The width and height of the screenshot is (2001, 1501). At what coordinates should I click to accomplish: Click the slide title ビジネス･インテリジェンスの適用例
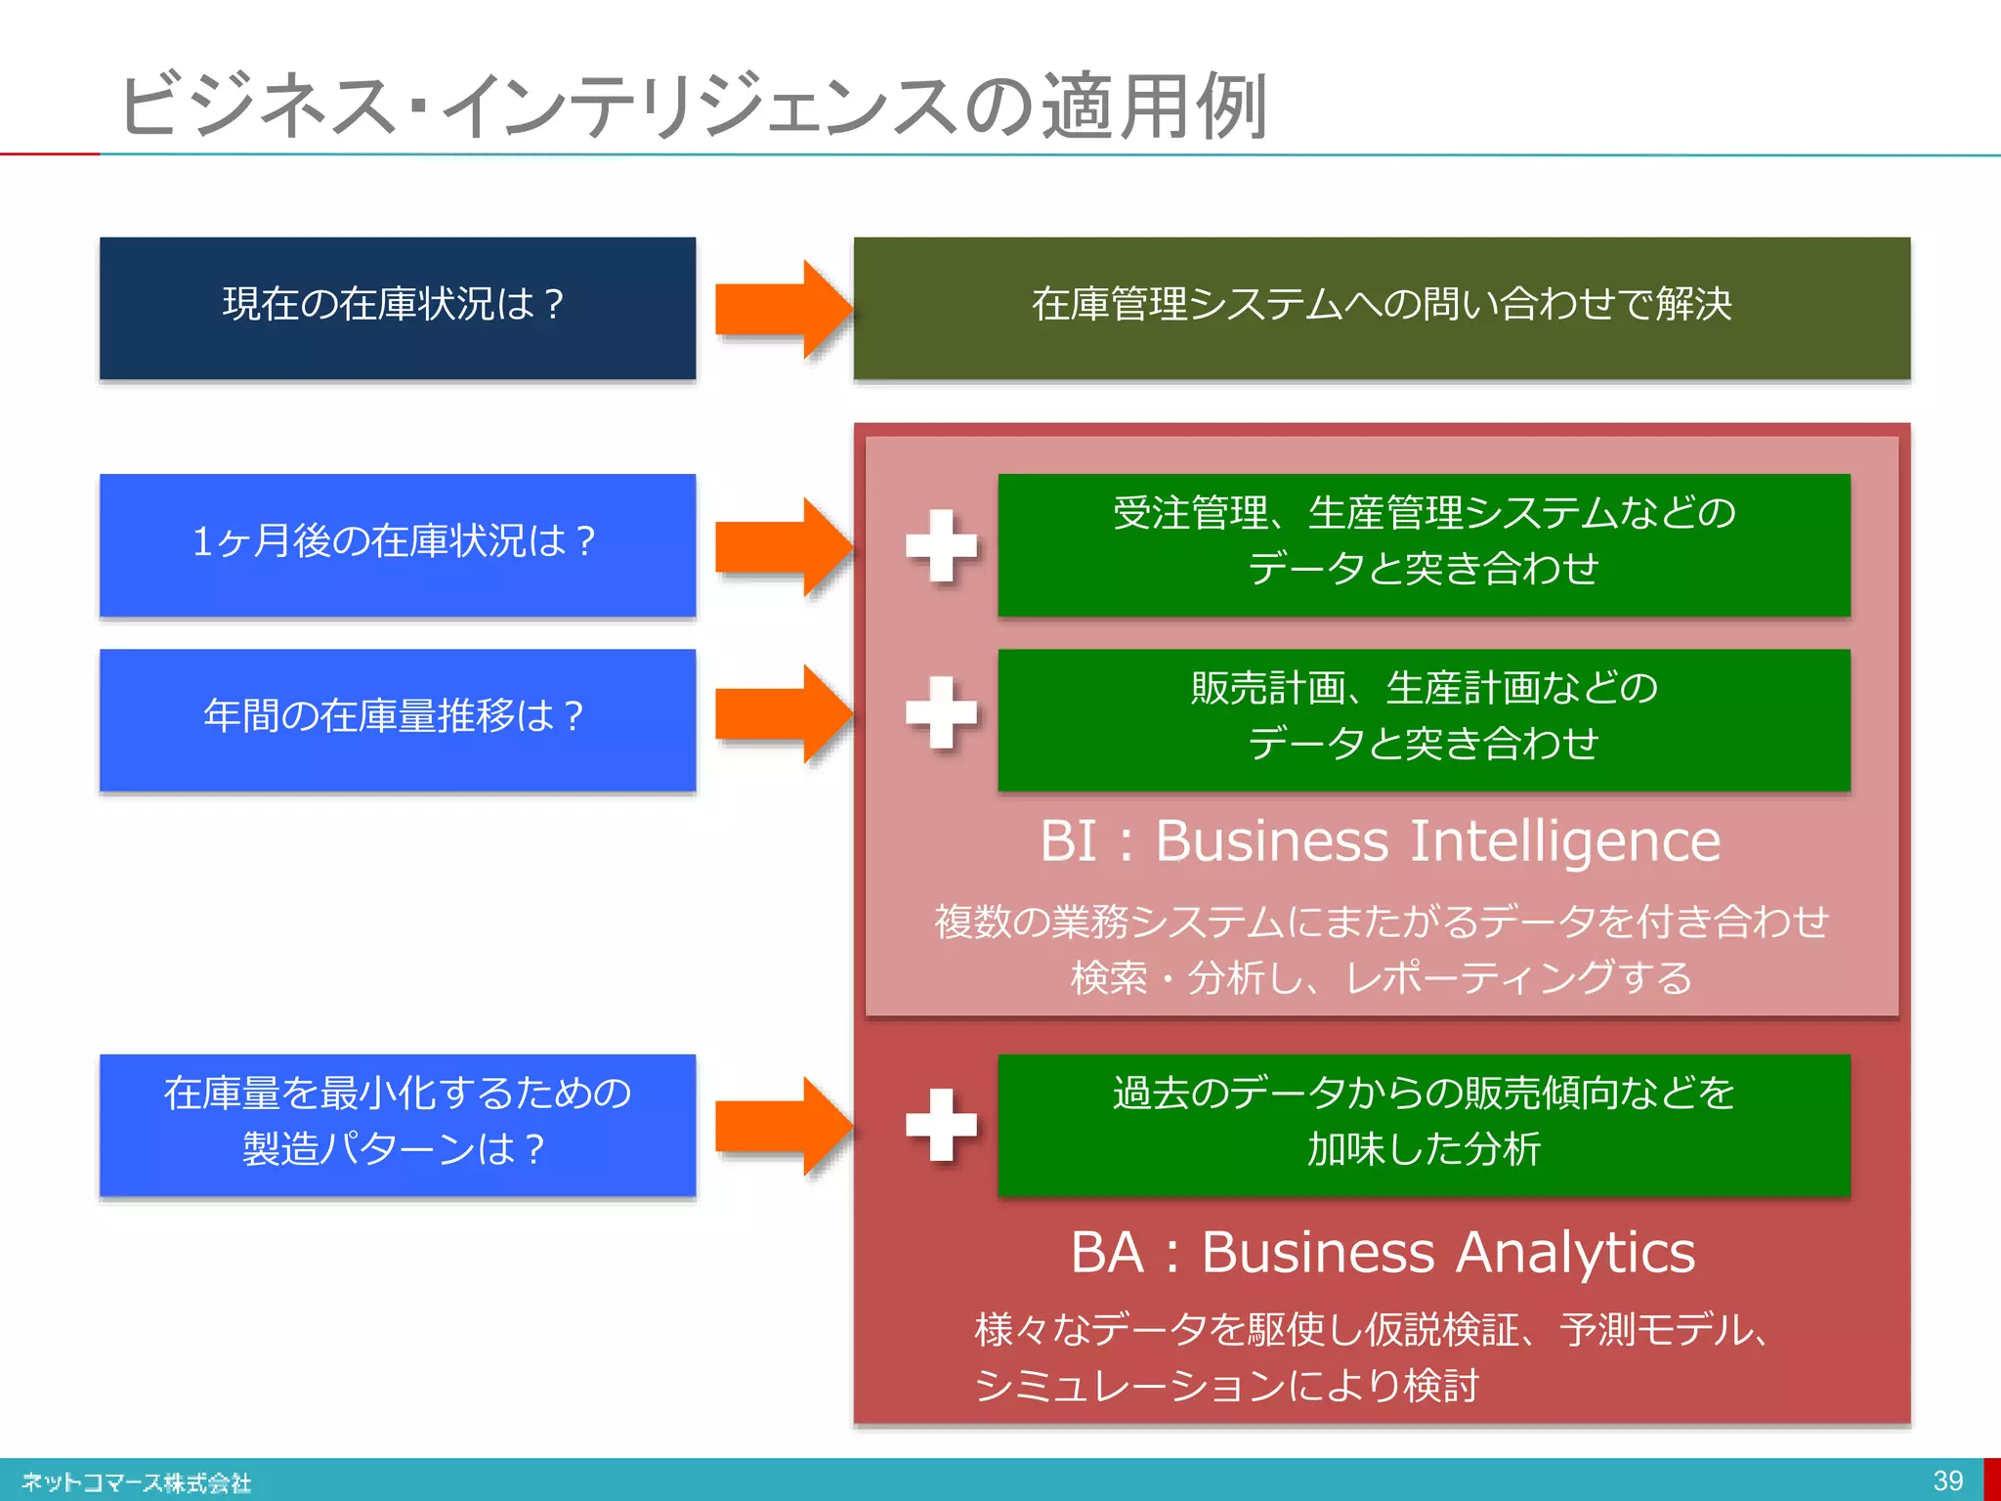tap(692, 106)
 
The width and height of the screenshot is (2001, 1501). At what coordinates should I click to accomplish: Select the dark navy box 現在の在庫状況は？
tap(397, 308)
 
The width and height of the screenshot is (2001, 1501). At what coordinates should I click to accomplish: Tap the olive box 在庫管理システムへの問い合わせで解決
tap(1381, 308)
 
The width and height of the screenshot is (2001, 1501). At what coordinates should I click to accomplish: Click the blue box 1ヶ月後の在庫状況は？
tap(397, 544)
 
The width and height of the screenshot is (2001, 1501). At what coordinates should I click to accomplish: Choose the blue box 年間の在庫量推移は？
tap(397, 719)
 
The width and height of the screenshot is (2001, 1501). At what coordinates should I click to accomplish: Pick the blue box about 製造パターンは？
tap(397, 1124)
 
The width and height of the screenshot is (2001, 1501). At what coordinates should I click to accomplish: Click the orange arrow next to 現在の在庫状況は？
tap(782, 309)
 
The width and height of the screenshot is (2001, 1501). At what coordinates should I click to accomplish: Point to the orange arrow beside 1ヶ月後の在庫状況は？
tap(782, 545)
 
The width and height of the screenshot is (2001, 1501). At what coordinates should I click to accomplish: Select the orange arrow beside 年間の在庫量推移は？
tap(782, 713)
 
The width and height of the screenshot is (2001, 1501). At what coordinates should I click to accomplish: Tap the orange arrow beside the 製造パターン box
tap(782, 1126)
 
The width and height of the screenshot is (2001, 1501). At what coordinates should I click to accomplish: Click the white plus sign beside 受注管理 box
tap(941, 545)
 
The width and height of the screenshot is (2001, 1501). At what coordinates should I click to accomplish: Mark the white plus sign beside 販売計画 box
tap(941, 712)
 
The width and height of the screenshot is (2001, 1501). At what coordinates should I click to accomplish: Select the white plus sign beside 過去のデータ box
tap(941, 1125)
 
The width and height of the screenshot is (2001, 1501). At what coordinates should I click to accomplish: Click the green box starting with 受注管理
tap(1424, 544)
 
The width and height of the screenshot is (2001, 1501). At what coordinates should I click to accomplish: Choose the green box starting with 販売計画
tap(1424, 719)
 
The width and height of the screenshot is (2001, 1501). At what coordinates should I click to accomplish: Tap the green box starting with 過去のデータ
tap(1424, 1124)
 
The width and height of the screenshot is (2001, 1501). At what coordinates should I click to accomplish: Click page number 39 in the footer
tap(1947, 1480)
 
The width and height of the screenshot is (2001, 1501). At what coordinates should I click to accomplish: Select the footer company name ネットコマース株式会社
tap(137, 1482)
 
